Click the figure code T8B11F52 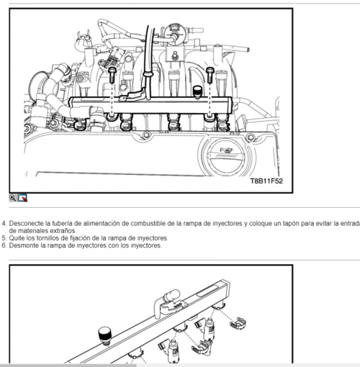pos(266,181)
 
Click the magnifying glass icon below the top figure pos(13,196)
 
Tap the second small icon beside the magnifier pos(22,196)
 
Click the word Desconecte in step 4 pos(28,224)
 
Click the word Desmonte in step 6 pos(24,245)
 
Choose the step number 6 pos(3,245)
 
